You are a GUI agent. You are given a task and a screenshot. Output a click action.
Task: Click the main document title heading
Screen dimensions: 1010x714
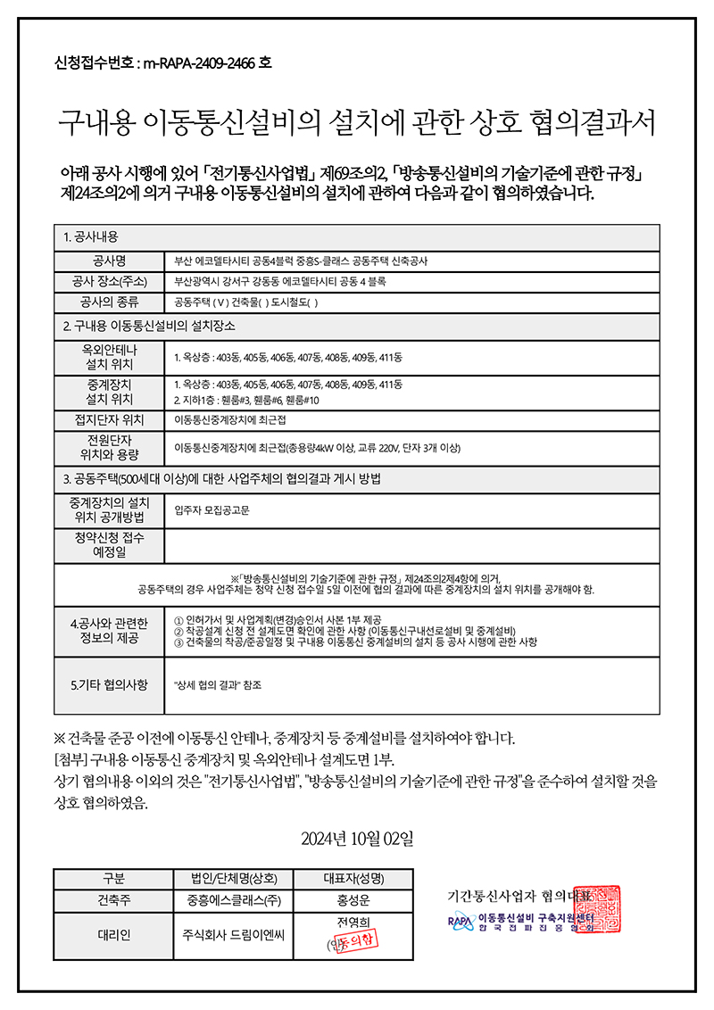(x=357, y=122)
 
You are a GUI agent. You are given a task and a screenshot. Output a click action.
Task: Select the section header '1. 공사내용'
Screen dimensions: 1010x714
(x=98, y=237)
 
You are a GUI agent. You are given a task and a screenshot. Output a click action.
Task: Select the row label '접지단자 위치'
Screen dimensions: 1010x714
(x=110, y=419)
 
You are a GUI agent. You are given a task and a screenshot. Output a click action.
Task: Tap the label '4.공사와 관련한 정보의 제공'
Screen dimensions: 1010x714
(x=110, y=629)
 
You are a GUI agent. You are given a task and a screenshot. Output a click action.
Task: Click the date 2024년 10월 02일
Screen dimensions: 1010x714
(x=357, y=839)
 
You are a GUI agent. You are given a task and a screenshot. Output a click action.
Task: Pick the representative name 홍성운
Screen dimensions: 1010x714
(x=354, y=900)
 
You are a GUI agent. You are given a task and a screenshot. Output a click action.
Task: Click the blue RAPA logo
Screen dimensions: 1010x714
(x=460, y=921)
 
